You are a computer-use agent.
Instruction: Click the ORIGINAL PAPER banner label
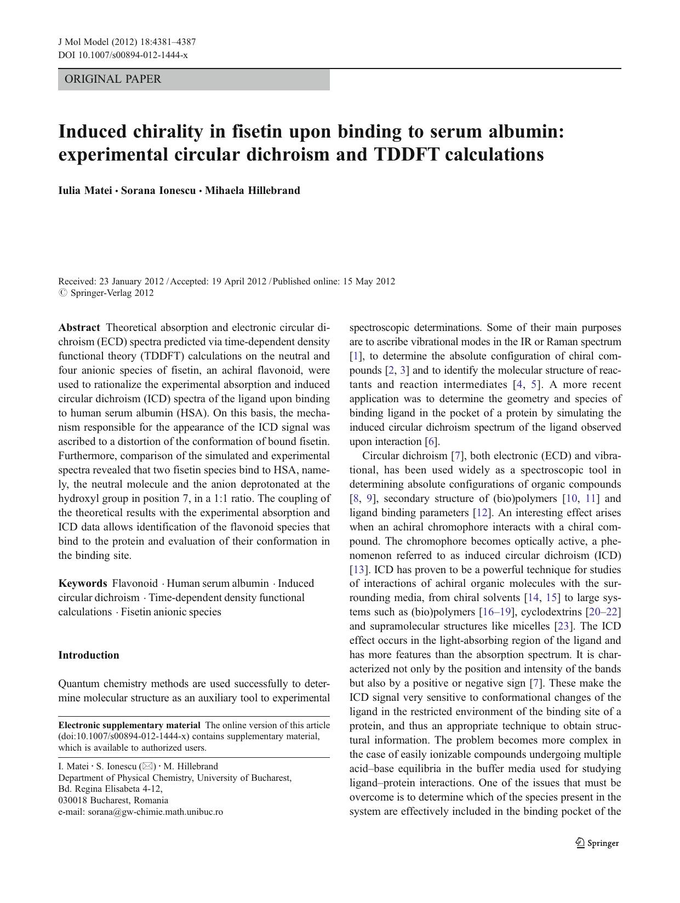coord(113,79)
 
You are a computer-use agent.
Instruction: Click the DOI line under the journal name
coord(123,55)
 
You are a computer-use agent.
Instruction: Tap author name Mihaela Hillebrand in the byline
coord(253,191)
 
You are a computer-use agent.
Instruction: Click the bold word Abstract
coord(79,328)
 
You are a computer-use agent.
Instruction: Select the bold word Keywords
coord(83,584)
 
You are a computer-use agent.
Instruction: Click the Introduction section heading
coord(89,655)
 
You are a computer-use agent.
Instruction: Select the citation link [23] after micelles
coord(563,626)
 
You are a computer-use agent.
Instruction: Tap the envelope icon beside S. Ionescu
coord(147,767)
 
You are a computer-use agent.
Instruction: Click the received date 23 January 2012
coord(131,282)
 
